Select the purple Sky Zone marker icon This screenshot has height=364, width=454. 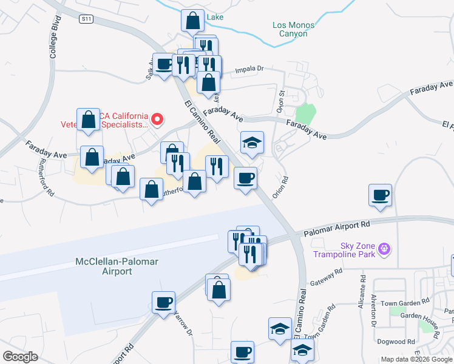point(384,248)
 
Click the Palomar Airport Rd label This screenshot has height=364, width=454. point(336,227)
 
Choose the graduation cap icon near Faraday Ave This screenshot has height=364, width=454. point(252,143)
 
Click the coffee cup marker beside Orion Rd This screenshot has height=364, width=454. point(245,178)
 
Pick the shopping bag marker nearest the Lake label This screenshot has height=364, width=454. point(192,21)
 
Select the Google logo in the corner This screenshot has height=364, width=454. point(20,356)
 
